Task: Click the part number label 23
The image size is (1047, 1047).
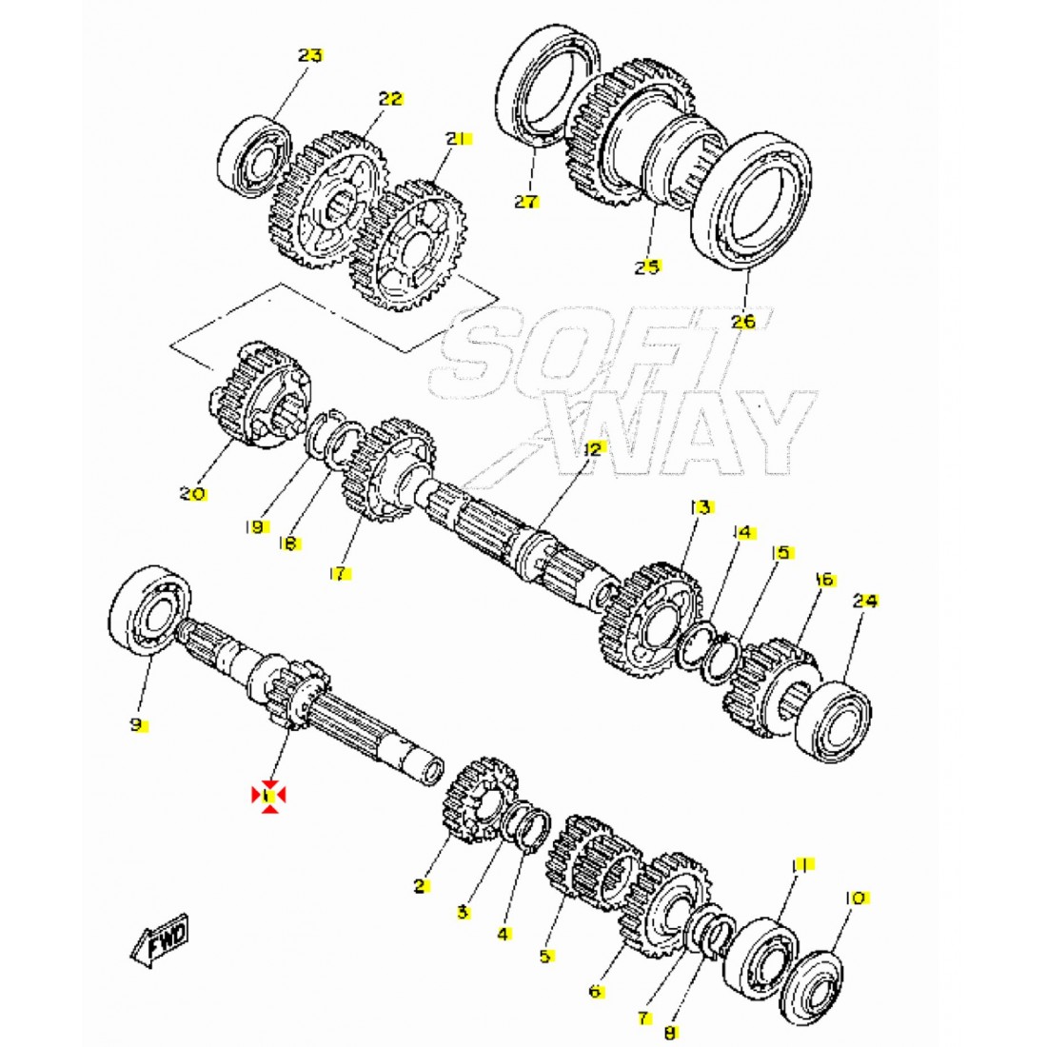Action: (310, 55)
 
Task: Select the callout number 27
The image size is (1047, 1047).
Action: (527, 201)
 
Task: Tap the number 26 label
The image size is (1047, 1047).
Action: (742, 321)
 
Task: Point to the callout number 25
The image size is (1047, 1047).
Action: (647, 267)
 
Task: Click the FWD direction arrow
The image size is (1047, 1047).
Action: (160, 940)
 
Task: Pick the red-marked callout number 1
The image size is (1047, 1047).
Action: (268, 796)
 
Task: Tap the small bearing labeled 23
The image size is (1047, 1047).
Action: (254, 157)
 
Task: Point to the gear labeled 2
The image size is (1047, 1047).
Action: (480, 800)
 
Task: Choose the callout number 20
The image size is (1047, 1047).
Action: (192, 494)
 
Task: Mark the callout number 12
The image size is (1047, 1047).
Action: (593, 448)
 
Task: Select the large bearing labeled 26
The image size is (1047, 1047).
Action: (752, 200)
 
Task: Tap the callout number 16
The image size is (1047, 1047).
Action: (824, 579)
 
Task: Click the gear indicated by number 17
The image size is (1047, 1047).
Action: (387, 467)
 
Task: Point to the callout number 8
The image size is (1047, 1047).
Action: (670, 1033)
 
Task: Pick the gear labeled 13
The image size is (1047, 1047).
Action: (650, 620)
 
